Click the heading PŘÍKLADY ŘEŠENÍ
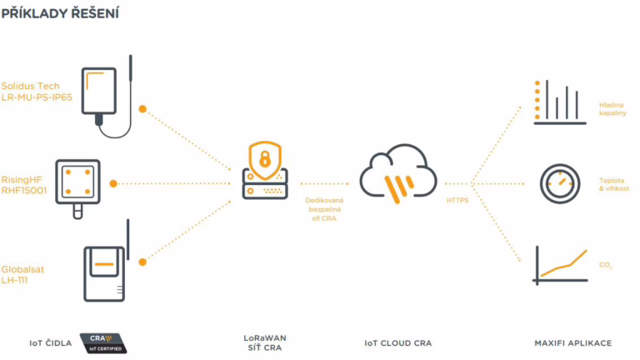coord(59,12)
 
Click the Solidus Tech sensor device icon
coord(104,94)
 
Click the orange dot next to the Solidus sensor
coord(142,108)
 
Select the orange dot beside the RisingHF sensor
coord(113,182)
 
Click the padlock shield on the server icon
coord(265,157)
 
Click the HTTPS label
coord(457,200)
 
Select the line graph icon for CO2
coord(560,264)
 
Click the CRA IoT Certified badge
coord(102,342)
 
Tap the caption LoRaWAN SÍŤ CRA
coord(265,342)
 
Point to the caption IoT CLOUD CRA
coord(397,342)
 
